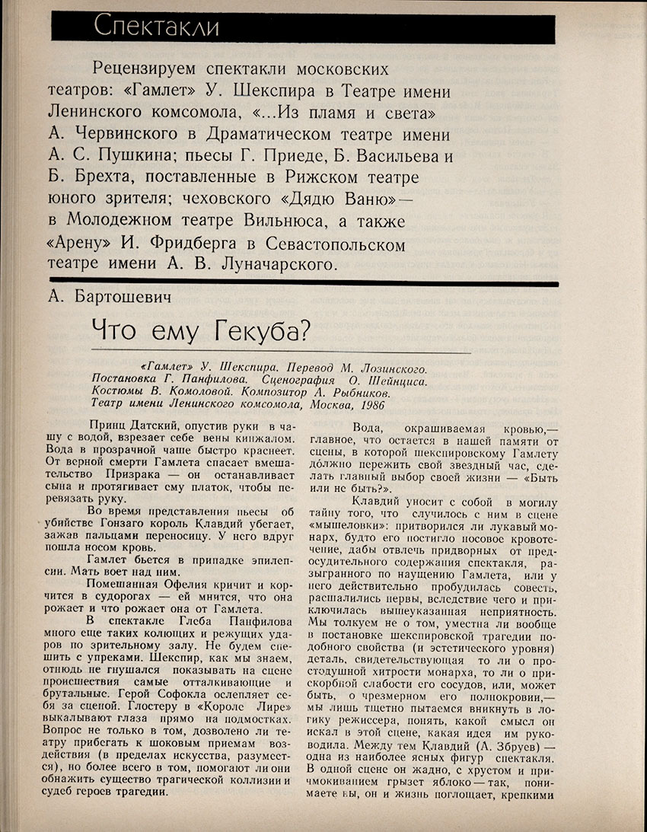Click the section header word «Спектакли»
156,27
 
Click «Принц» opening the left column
106,427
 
